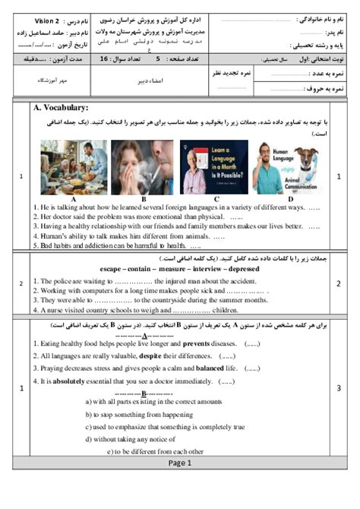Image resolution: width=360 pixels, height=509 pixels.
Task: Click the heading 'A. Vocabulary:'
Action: pos(61,108)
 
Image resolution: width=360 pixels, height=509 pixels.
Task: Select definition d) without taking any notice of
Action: pos(137,439)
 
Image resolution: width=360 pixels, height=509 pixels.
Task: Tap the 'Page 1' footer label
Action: pos(180,461)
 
